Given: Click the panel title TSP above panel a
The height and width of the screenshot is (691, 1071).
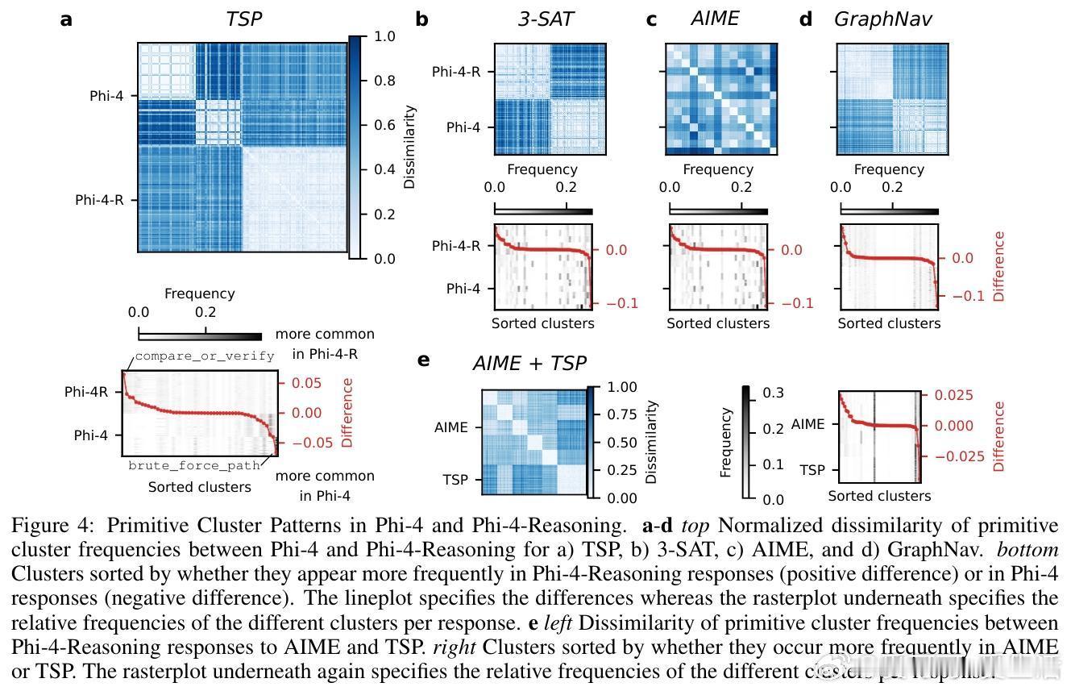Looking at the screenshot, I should (x=243, y=19).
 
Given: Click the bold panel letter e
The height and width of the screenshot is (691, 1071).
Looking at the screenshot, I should (x=424, y=360).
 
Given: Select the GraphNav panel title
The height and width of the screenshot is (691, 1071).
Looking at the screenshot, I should (x=882, y=19).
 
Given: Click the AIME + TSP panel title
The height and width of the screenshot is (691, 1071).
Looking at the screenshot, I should (x=529, y=364).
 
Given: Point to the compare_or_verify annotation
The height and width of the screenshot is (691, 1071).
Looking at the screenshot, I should (x=205, y=356).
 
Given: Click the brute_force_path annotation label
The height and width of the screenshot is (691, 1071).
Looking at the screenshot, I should (x=194, y=465).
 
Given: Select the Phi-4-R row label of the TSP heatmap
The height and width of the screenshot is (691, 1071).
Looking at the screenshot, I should (x=99, y=200).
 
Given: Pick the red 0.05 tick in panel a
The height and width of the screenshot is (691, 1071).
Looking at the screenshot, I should (x=306, y=383).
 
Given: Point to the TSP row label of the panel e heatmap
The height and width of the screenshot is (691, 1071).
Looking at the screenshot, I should (x=455, y=479).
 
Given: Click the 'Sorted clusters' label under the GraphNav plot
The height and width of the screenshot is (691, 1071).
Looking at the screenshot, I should (x=889, y=323).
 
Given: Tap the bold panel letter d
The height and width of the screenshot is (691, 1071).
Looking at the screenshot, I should (x=805, y=19).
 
